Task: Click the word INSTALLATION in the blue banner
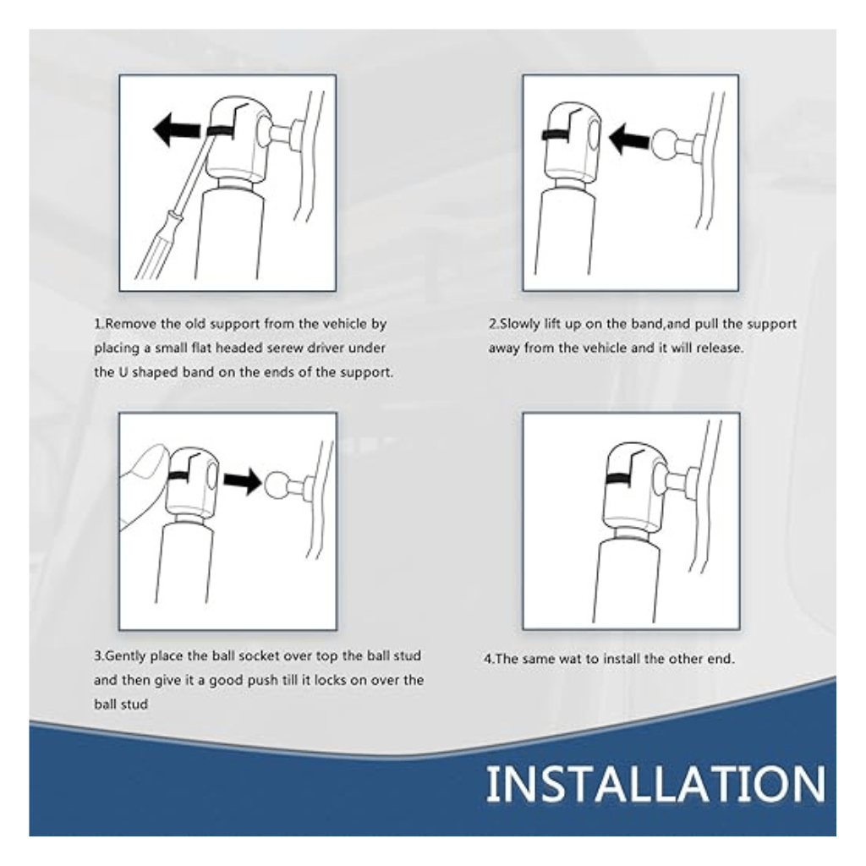pyautogui.click(x=655, y=784)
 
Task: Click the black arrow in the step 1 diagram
pyautogui.click(x=177, y=129)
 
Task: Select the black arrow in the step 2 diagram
pyautogui.click(x=629, y=139)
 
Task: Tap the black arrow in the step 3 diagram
pyautogui.click(x=243, y=480)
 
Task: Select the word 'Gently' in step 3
pyautogui.click(x=125, y=656)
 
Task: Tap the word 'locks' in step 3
pyautogui.click(x=331, y=680)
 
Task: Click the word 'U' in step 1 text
pyautogui.click(x=124, y=372)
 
